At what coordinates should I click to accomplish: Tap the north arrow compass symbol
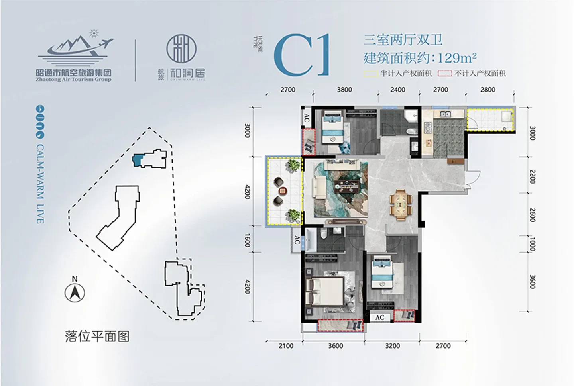(x=75, y=294)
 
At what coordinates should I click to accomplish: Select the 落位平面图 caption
(x=97, y=337)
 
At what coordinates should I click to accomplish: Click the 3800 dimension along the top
(x=344, y=90)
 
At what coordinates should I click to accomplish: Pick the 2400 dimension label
(x=397, y=90)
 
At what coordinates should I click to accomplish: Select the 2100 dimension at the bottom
(x=286, y=346)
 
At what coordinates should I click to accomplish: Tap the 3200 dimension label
(x=392, y=346)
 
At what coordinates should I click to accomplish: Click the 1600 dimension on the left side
(x=247, y=241)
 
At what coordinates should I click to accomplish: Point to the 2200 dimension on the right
(x=533, y=176)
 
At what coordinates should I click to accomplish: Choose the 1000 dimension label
(x=533, y=243)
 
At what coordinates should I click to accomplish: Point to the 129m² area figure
(x=457, y=58)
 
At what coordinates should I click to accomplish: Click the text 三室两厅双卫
(x=403, y=40)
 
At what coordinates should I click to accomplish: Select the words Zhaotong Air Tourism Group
(x=71, y=79)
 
